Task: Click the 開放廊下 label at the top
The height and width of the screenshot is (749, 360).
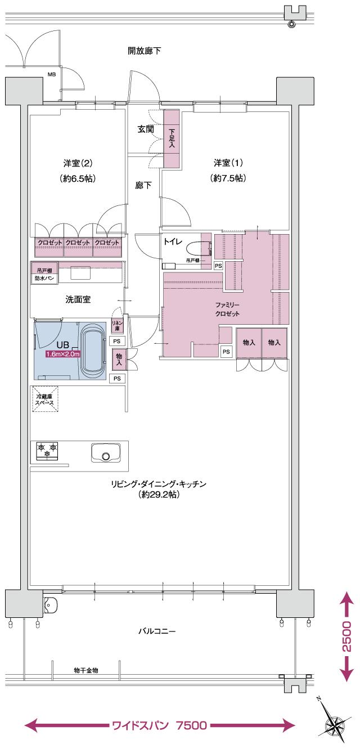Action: click(144, 51)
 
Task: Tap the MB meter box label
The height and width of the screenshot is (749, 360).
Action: click(51, 74)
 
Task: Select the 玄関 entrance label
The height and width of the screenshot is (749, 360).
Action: click(146, 129)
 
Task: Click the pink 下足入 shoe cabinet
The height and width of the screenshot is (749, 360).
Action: click(172, 138)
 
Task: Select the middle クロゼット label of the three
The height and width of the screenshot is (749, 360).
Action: click(78, 243)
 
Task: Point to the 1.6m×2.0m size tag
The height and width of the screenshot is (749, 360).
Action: click(63, 355)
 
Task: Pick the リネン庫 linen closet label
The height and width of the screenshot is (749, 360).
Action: click(118, 325)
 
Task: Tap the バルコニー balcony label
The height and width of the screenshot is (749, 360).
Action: click(157, 631)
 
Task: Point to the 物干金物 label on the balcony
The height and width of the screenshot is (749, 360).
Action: click(86, 670)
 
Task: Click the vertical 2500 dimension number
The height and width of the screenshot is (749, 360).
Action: click(346, 636)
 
